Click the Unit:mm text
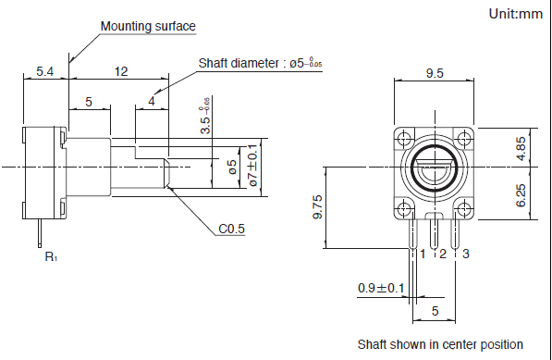[x=516, y=14]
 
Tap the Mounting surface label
[x=148, y=27]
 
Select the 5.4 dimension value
[x=45, y=72]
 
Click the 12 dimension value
[x=121, y=71]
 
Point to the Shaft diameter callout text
[x=260, y=63]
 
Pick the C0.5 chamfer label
[x=231, y=229]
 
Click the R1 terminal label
[x=51, y=256]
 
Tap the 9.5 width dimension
[x=435, y=73]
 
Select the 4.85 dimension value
[x=521, y=148]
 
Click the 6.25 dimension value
[x=521, y=195]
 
